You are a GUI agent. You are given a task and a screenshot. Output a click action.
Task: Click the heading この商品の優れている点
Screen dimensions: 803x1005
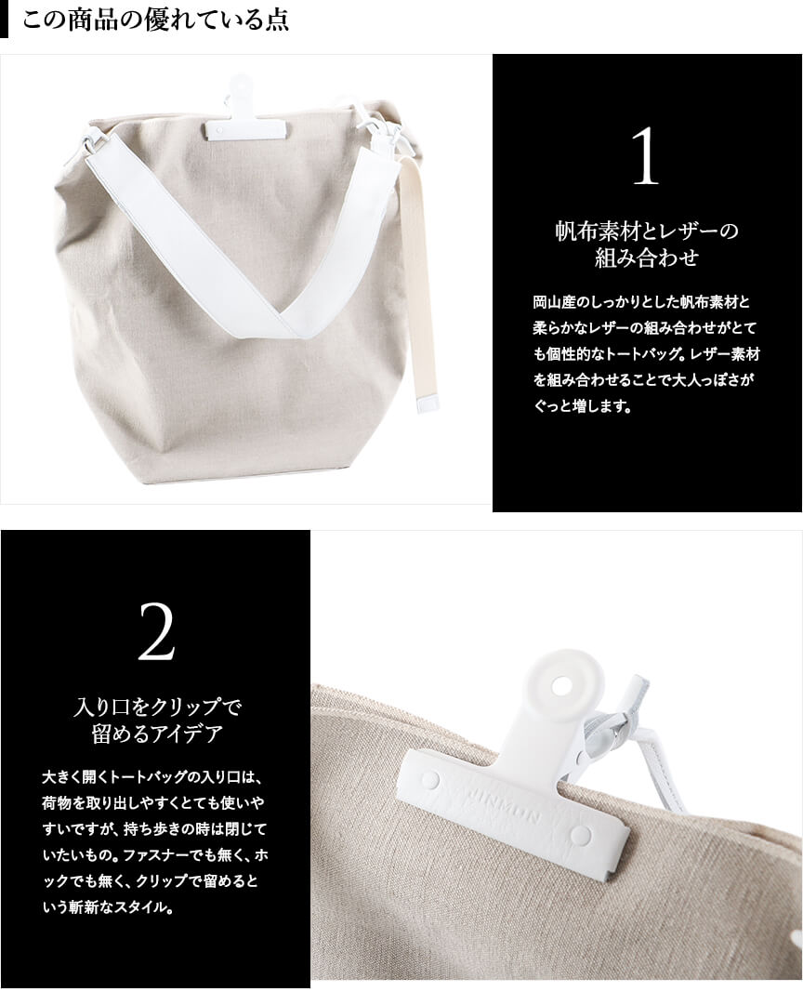[156, 20]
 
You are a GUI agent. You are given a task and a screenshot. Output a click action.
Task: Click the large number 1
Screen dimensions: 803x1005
[645, 156]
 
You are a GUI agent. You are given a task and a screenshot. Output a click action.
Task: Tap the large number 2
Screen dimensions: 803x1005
[156, 632]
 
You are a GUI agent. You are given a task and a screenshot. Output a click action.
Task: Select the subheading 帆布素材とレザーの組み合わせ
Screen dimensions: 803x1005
[647, 245]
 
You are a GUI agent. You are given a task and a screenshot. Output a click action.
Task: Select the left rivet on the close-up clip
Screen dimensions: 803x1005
[430, 781]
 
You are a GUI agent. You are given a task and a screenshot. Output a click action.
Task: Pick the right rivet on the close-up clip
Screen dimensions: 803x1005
[581, 835]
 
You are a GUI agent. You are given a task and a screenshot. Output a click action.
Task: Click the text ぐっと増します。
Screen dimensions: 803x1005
[583, 406]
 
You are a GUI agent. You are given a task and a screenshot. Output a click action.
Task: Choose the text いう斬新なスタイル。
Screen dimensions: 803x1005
[108, 907]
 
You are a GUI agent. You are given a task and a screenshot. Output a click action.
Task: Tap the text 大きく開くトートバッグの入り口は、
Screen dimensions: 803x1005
[152, 777]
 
